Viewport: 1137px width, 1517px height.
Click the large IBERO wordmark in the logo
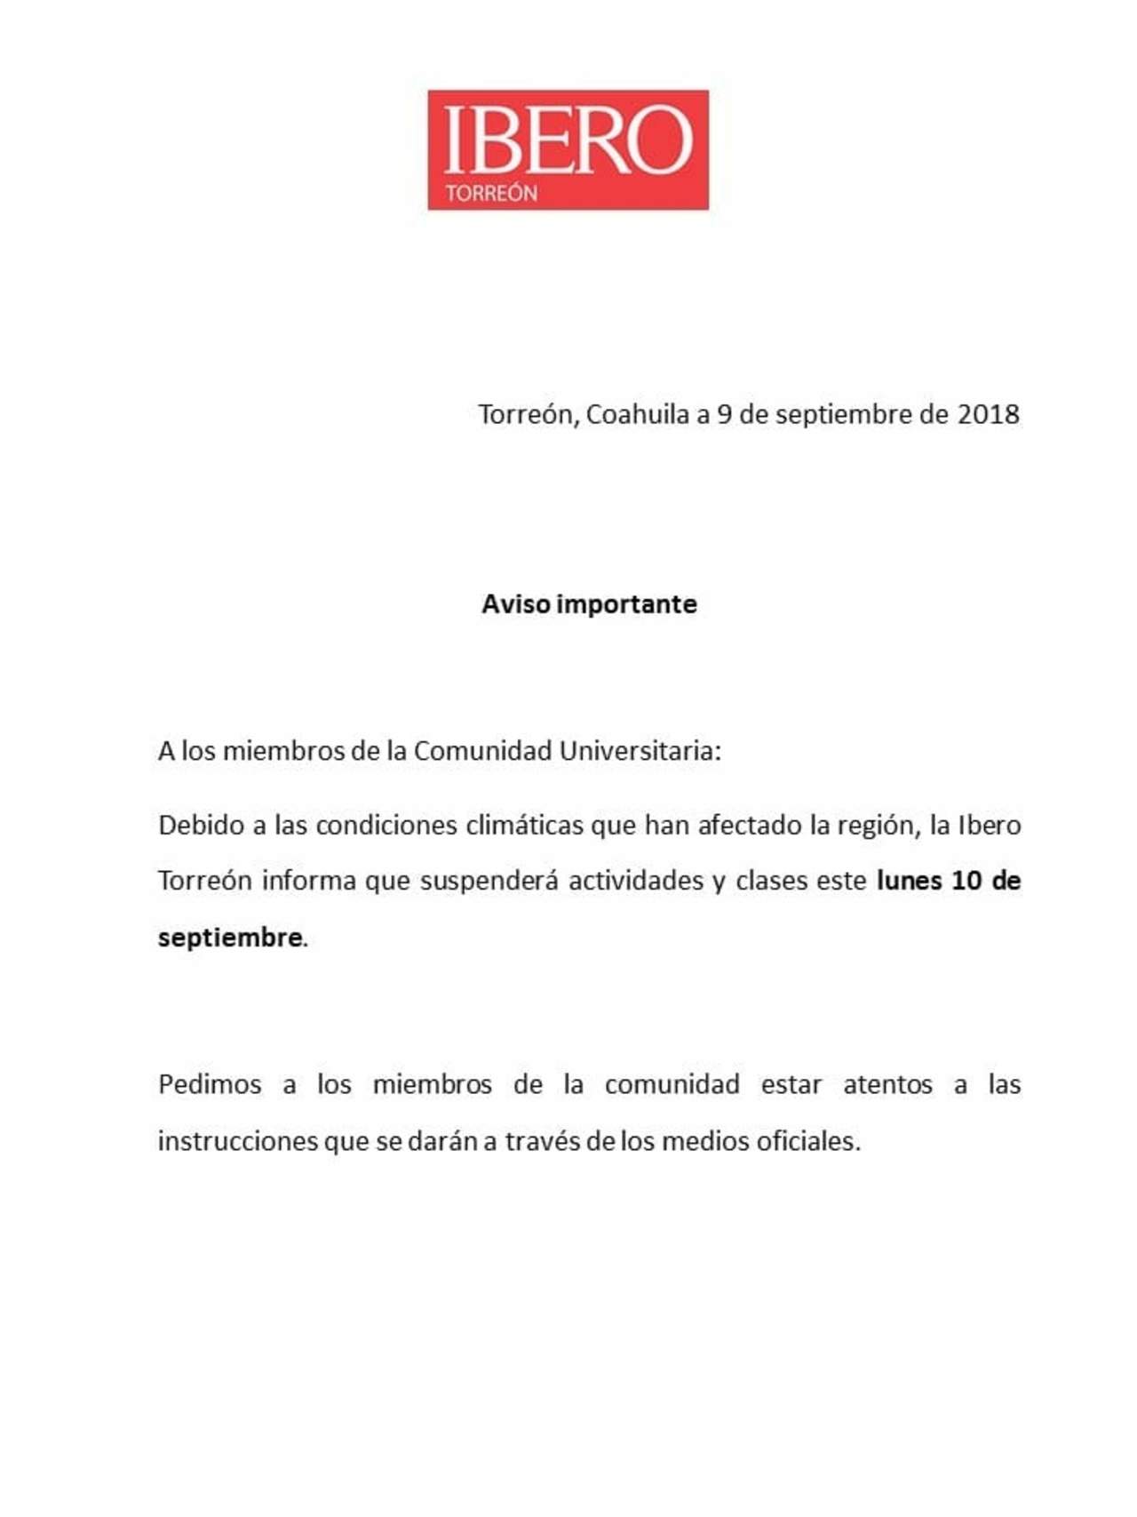point(568,140)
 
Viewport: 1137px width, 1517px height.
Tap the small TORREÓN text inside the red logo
point(491,194)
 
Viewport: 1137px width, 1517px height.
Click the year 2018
point(988,414)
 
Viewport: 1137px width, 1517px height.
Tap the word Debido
point(200,826)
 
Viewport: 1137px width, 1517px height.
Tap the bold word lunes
point(908,881)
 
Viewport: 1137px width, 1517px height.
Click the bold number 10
point(966,881)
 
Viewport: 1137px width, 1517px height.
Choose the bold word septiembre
point(230,938)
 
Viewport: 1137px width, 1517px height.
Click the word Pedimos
point(210,1085)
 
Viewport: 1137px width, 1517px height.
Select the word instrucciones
point(237,1141)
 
